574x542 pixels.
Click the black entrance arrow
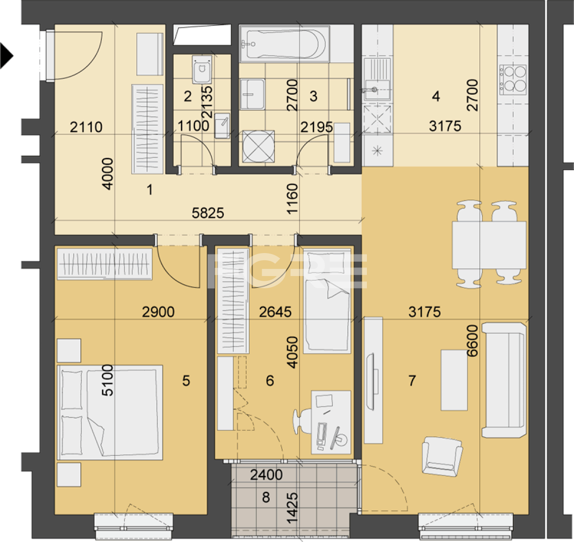coord(6,56)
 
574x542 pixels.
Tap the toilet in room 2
coord(202,69)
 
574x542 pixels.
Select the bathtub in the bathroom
coord(285,44)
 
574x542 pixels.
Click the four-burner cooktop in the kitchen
coord(513,80)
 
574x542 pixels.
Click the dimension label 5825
coord(208,213)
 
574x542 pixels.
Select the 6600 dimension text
coord(473,341)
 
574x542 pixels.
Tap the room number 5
coord(186,381)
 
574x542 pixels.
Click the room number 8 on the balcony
coord(265,497)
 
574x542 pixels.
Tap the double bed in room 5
coord(110,412)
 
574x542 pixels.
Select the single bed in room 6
coord(327,301)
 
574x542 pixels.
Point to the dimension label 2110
coord(86,127)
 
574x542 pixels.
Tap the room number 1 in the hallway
coord(149,190)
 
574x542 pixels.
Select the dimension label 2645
coord(275,312)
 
